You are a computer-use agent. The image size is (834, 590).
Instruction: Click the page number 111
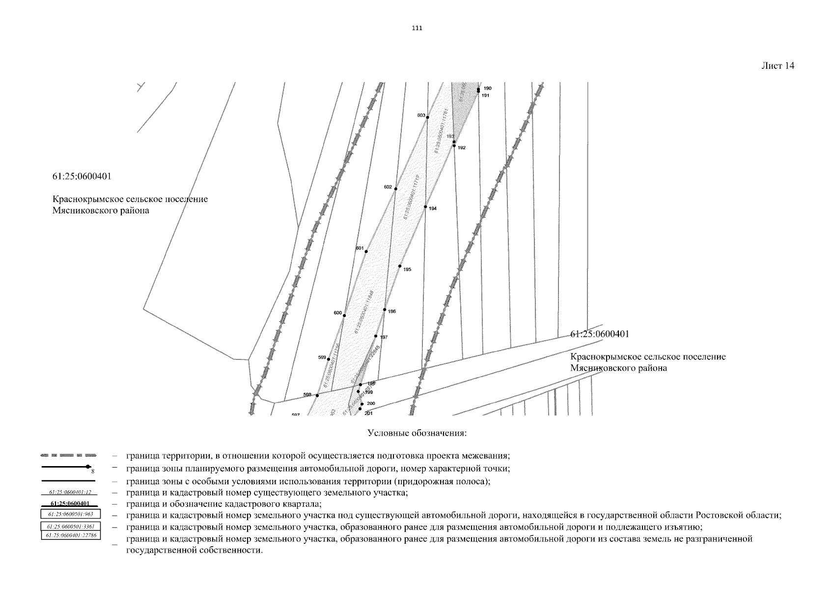[x=417, y=28]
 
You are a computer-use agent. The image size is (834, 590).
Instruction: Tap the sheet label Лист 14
[x=778, y=66]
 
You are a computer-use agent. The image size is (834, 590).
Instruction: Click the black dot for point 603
[x=427, y=117]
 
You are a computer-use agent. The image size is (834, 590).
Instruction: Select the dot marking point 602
[x=395, y=189]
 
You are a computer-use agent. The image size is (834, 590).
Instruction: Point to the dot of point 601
[x=366, y=251]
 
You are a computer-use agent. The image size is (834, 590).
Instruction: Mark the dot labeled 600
[x=344, y=315]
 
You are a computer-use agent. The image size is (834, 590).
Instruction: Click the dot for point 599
[x=329, y=359]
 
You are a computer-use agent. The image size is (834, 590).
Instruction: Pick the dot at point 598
[x=317, y=395]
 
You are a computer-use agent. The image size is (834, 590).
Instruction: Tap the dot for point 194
[x=425, y=206]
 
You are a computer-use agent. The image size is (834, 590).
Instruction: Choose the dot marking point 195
[x=400, y=266]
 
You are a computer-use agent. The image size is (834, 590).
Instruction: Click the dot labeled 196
[x=385, y=310]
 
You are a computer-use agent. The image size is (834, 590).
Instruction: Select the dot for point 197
[x=376, y=336]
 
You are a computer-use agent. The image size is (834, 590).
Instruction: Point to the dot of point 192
[x=454, y=146]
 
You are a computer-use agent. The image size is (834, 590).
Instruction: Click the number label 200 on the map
[x=371, y=404]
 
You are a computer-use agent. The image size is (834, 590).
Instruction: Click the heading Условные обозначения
[x=417, y=434]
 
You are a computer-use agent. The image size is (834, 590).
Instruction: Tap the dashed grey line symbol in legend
[x=69, y=455]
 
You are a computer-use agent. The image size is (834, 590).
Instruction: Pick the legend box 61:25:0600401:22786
[x=71, y=534]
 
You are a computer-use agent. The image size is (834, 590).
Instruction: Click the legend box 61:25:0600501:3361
[x=71, y=527]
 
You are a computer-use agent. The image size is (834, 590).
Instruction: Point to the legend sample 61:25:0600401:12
[x=71, y=492]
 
